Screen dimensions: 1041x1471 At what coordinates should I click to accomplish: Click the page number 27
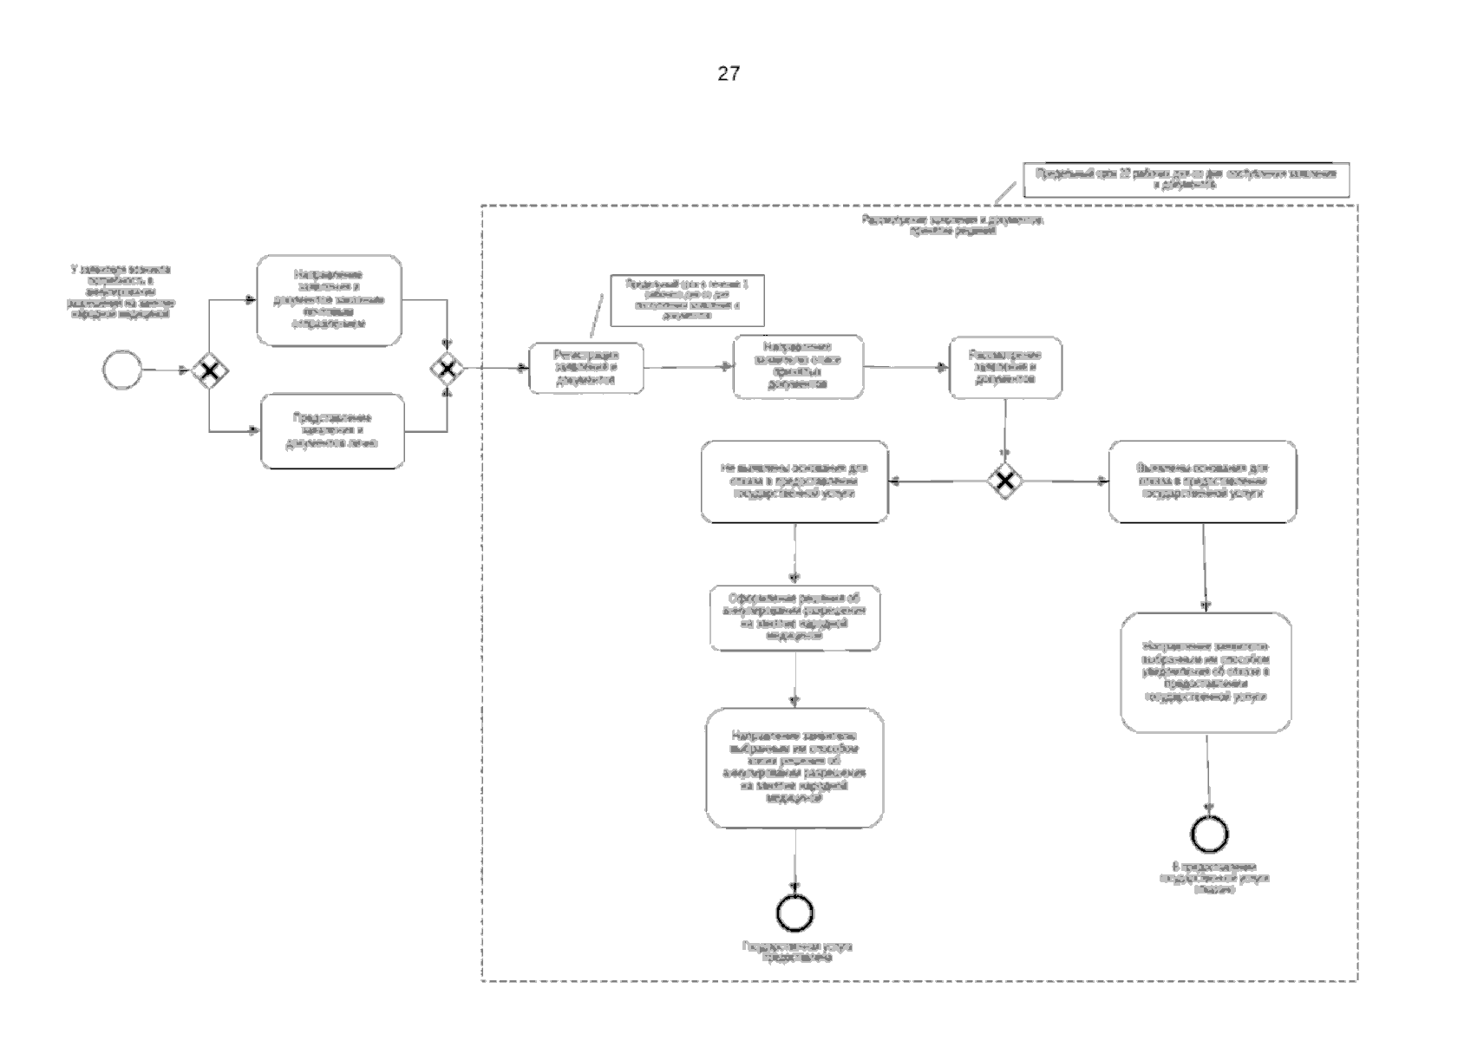(x=729, y=74)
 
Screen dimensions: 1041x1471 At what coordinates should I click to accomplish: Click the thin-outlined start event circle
(x=121, y=370)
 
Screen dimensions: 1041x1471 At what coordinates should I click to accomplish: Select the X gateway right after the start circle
(x=209, y=371)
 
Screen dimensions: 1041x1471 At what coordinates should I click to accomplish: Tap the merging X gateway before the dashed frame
(x=448, y=370)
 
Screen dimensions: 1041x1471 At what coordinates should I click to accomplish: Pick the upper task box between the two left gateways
(x=330, y=300)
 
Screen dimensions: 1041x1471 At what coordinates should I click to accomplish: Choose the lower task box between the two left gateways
(x=333, y=431)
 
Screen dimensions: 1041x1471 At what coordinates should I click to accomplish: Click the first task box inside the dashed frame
(x=586, y=368)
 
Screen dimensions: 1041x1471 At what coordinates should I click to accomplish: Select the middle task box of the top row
(x=798, y=367)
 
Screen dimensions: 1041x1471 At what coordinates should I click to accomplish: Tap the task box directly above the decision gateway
(x=1005, y=368)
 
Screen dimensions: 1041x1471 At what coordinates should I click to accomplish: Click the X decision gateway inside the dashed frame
(x=1004, y=481)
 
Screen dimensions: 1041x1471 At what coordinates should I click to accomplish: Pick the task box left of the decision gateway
(x=794, y=481)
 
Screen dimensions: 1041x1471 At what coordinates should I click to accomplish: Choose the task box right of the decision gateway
(x=1203, y=481)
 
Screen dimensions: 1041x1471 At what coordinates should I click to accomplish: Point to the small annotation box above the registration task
(x=687, y=300)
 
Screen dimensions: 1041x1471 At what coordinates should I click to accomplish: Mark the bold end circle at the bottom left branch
(x=795, y=912)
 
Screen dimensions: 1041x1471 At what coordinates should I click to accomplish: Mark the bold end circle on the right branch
(x=1209, y=834)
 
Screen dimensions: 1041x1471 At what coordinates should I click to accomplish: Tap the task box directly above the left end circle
(x=794, y=768)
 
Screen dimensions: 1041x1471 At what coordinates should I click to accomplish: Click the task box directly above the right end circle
(x=1206, y=673)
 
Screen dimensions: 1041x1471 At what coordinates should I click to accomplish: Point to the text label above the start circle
(x=120, y=291)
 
